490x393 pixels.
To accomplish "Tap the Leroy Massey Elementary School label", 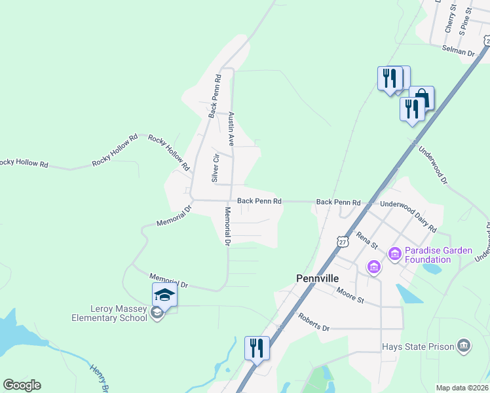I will pos(109,314).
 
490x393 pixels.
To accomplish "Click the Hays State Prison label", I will pos(419,346).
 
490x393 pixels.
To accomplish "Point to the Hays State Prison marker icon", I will pos(464,345).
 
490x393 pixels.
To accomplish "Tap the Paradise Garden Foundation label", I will pos(428,255).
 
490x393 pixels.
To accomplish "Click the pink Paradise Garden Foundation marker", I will pos(395,253).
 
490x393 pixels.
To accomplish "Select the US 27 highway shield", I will pos(342,242).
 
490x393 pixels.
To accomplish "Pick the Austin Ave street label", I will pos(231,128).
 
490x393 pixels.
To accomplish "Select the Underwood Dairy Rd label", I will pos(408,215).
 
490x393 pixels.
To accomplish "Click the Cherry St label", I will pos(449,17).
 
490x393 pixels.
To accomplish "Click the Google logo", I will pos(22,385).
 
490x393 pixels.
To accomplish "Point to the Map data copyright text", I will pos(462,388).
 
